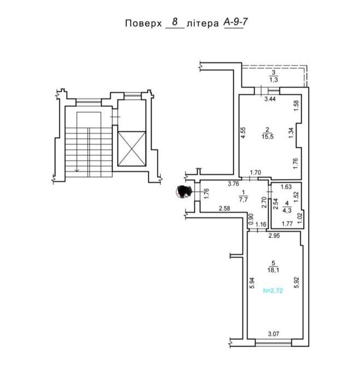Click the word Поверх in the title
[x=143, y=24]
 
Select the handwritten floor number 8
[x=175, y=22]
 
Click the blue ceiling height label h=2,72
[x=273, y=291]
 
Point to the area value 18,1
[x=274, y=270]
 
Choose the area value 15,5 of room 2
[x=268, y=137]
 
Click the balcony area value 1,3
[x=274, y=80]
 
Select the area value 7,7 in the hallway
[x=244, y=199]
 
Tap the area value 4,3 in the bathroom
[x=287, y=210]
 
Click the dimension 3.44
[x=270, y=98]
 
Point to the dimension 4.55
[x=243, y=133]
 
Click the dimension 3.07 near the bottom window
[x=274, y=334]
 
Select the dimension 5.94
[x=253, y=282]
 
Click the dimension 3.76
[x=233, y=184]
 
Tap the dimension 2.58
[x=224, y=208]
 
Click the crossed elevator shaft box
[x=132, y=149]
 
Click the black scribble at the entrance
[x=184, y=191]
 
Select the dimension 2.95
[x=274, y=236]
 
